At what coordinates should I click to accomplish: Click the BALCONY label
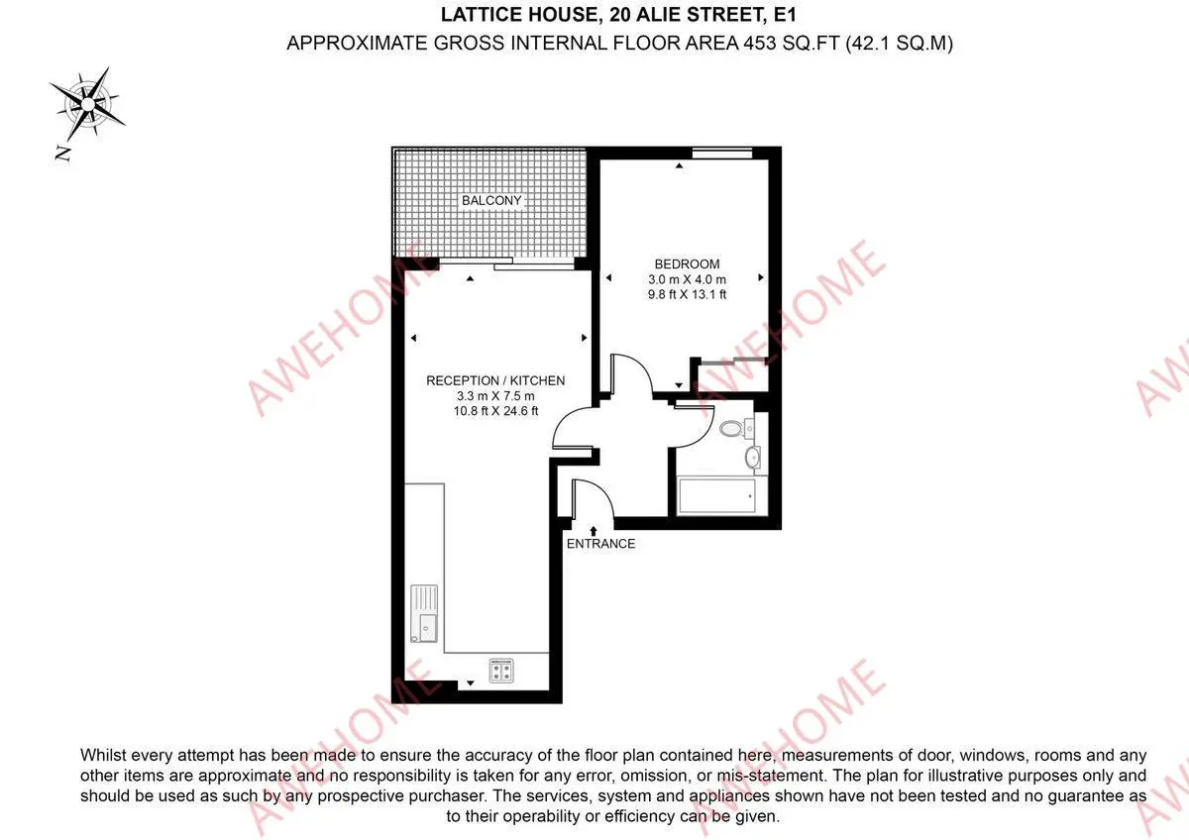point(491,200)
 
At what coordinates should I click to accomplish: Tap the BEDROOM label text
point(687,263)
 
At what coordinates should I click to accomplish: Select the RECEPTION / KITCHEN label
point(495,380)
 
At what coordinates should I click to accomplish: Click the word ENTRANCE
point(600,544)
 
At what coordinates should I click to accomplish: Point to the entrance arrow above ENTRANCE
point(594,531)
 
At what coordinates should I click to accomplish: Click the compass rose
point(87,104)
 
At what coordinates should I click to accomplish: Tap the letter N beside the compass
point(63,154)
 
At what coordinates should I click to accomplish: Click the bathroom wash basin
point(752,457)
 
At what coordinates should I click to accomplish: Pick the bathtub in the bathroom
point(716,496)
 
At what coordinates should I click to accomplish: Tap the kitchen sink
point(424,613)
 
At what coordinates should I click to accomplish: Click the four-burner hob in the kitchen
point(501,671)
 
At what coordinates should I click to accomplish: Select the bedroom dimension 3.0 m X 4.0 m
point(687,279)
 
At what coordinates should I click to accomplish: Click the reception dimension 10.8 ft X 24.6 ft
point(495,411)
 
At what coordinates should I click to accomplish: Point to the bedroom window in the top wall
point(722,154)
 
